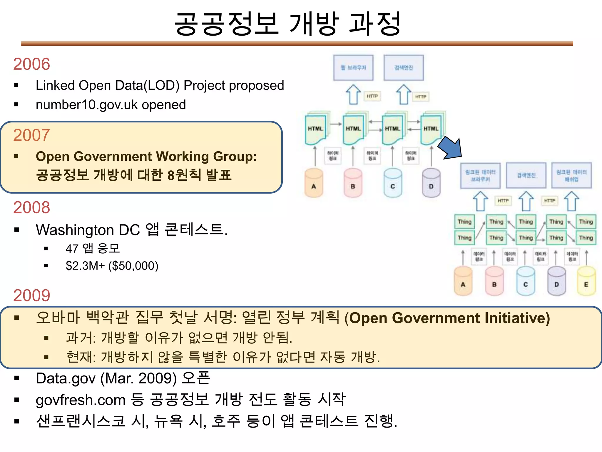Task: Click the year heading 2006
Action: pyautogui.click(x=31, y=64)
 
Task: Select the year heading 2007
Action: pyautogui.click(x=31, y=135)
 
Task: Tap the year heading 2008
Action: pyautogui.click(x=31, y=207)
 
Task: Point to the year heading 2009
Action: pyautogui.click(x=31, y=295)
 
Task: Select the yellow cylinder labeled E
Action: pyautogui.click(x=586, y=281)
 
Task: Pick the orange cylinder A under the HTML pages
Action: pyautogui.click(x=314, y=183)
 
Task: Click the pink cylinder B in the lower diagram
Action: pyautogui.click(x=494, y=281)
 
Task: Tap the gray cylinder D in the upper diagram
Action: pyautogui.click(x=431, y=183)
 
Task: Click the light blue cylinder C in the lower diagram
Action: pyautogui.click(x=526, y=281)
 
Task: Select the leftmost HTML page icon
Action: pyautogui.click(x=315, y=129)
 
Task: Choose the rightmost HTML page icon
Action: pyautogui.click(x=431, y=129)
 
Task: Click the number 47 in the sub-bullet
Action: pyautogui.click(x=72, y=249)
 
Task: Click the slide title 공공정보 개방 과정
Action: pyautogui.click(x=287, y=24)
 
